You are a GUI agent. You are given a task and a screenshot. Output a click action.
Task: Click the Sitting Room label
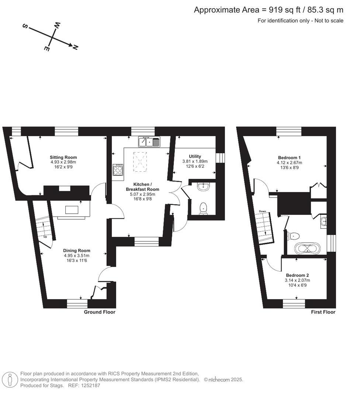pyautogui.click(x=63, y=157)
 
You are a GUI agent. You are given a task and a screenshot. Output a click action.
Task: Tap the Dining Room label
pyautogui.click(x=76, y=251)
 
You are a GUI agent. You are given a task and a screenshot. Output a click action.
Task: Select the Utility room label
pyautogui.click(x=195, y=156)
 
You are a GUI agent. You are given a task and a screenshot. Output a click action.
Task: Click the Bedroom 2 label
pyautogui.click(x=297, y=275)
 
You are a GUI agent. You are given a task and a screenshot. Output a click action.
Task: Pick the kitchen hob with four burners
pyautogui.click(x=118, y=170)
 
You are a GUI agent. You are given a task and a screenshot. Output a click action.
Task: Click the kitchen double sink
pyautogui.click(x=149, y=142)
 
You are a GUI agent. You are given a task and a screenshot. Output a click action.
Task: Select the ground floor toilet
pyautogui.click(x=203, y=209)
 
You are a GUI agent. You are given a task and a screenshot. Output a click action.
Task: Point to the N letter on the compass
pyautogui.click(x=75, y=47)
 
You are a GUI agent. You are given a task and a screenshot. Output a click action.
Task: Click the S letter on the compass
pyautogui.click(x=25, y=27)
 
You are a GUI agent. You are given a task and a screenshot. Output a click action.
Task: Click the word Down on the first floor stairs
pyautogui.click(x=262, y=211)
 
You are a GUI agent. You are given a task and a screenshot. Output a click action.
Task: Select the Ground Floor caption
pyautogui.click(x=100, y=312)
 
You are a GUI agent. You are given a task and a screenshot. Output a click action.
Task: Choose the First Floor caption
pyautogui.click(x=323, y=312)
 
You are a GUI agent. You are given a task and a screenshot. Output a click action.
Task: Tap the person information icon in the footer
pyautogui.click(x=10, y=379)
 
